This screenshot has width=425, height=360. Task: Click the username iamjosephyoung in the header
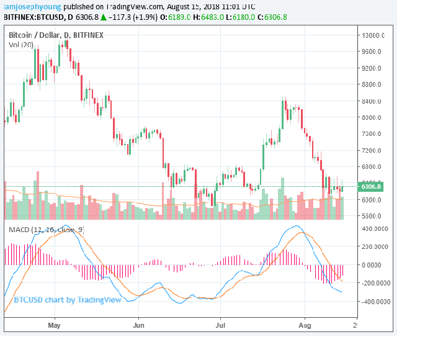click(32, 6)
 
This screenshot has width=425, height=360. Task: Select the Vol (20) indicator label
click(22, 45)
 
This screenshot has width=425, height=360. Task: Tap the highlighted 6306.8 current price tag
click(370, 186)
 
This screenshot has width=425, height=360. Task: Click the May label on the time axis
click(55, 325)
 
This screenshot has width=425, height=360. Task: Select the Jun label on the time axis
click(138, 325)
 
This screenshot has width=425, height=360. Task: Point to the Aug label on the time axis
click(304, 325)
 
